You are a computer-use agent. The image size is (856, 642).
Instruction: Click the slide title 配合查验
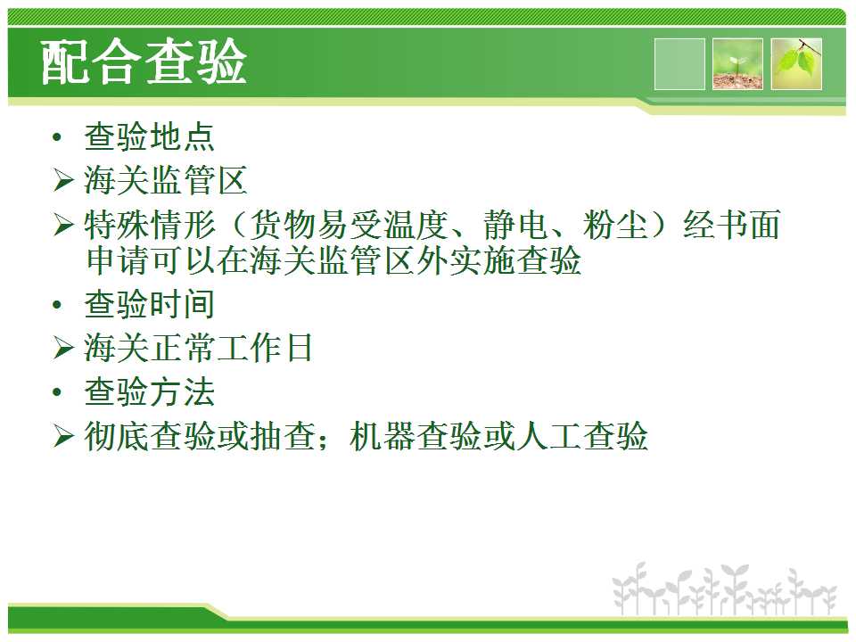(x=144, y=62)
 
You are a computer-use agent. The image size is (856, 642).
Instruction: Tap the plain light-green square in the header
(x=679, y=64)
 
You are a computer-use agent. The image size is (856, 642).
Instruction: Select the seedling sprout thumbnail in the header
(x=737, y=64)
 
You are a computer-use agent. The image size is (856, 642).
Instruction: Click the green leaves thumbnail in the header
(x=796, y=64)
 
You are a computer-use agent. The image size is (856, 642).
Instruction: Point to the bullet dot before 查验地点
(x=57, y=137)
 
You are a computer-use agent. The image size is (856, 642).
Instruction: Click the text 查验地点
(x=149, y=136)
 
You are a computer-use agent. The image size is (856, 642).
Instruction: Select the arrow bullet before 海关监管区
(x=63, y=180)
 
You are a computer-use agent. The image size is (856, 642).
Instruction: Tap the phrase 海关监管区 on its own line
(x=166, y=180)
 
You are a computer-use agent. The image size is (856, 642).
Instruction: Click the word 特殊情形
(x=150, y=225)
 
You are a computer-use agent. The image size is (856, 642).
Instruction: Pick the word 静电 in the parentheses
(x=515, y=225)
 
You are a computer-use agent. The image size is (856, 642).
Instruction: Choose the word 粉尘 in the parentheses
(x=615, y=225)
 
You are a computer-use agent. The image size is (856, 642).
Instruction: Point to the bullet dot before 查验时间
(x=57, y=305)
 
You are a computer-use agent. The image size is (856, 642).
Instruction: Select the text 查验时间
(x=149, y=304)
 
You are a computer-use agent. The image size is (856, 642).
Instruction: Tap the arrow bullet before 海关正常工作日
(x=63, y=348)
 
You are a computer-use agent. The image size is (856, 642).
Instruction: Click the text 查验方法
(x=149, y=392)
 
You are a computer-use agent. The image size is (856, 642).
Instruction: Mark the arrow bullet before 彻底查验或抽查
(x=63, y=436)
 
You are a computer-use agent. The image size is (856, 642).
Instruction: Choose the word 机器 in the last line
(x=383, y=436)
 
